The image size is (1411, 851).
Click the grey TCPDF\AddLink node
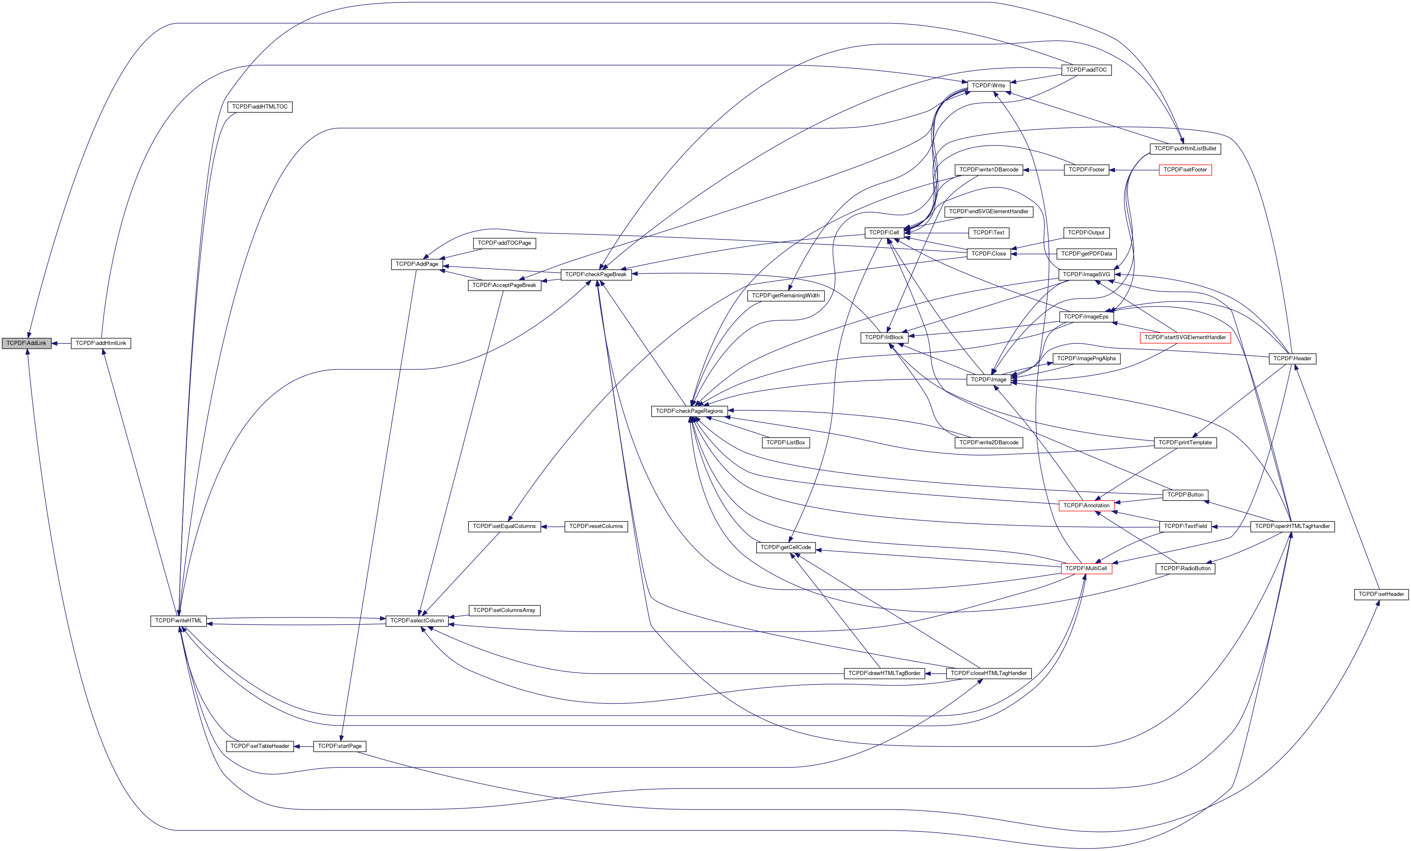click(x=27, y=343)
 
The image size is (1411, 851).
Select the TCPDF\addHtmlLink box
click(x=101, y=343)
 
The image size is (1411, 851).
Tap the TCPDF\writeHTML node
click(x=178, y=621)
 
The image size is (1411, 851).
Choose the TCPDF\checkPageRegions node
click(x=690, y=411)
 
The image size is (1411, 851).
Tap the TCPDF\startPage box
click(x=340, y=746)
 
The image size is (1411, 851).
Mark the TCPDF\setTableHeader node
click(x=260, y=746)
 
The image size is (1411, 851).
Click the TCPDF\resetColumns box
click(x=596, y=526)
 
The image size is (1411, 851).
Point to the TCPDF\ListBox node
click(x=786, y=443)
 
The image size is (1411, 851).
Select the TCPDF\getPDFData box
click(x=1086, y=254)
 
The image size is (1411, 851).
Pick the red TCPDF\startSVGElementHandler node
click(x=1185, y=338)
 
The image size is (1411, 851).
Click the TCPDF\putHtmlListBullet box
click(x=1185, y=149)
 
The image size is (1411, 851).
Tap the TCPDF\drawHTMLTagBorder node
click(x=884, y=673)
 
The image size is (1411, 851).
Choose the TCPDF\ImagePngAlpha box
click(x=1086, y=359)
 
